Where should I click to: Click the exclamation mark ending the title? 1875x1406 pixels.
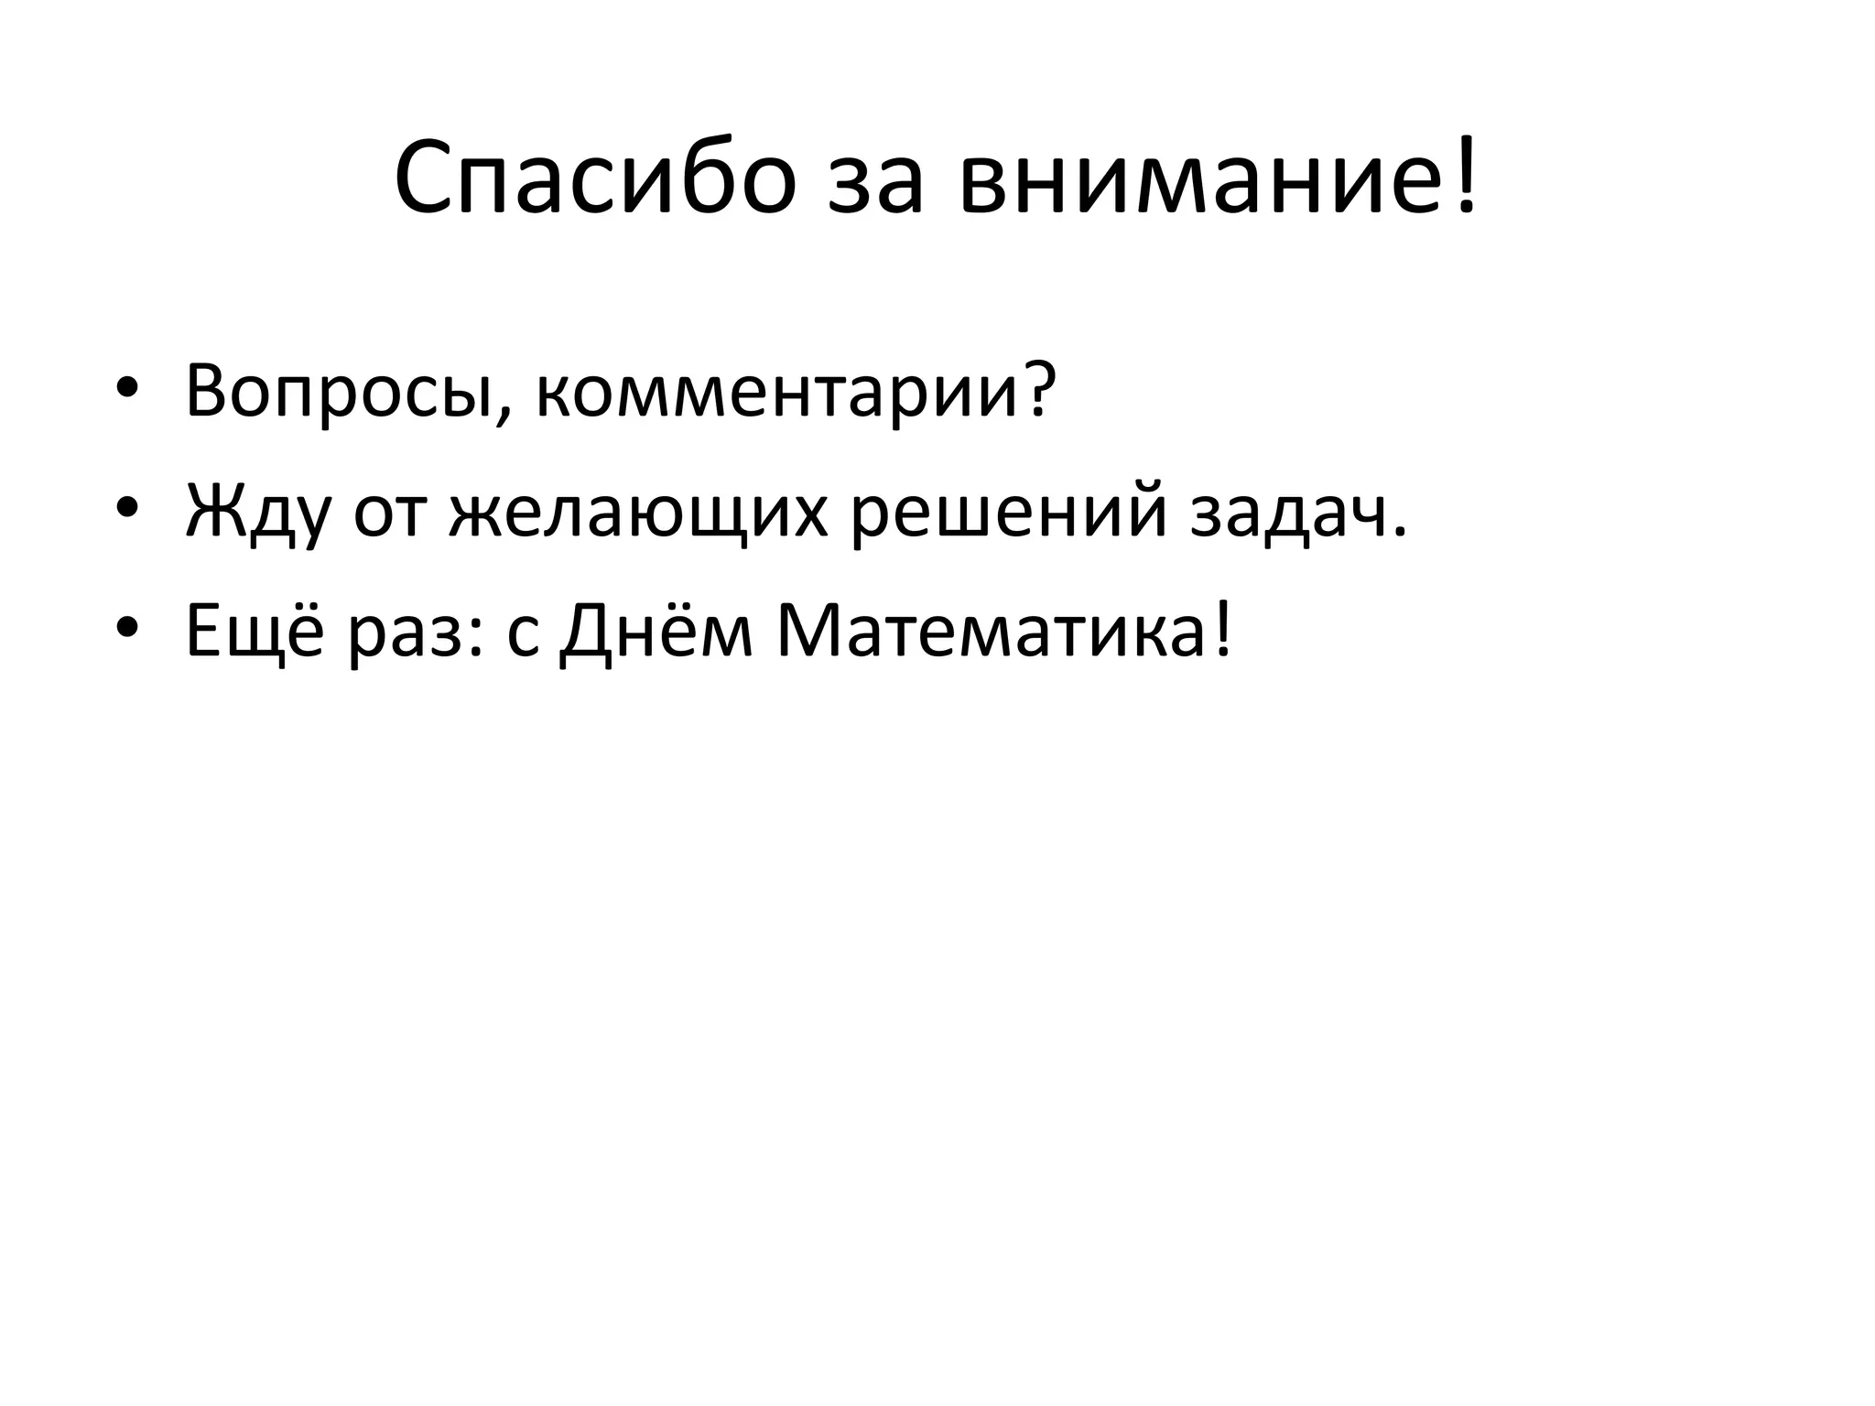coord(1466,174)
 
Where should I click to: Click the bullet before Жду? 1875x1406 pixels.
coord(127,506)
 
